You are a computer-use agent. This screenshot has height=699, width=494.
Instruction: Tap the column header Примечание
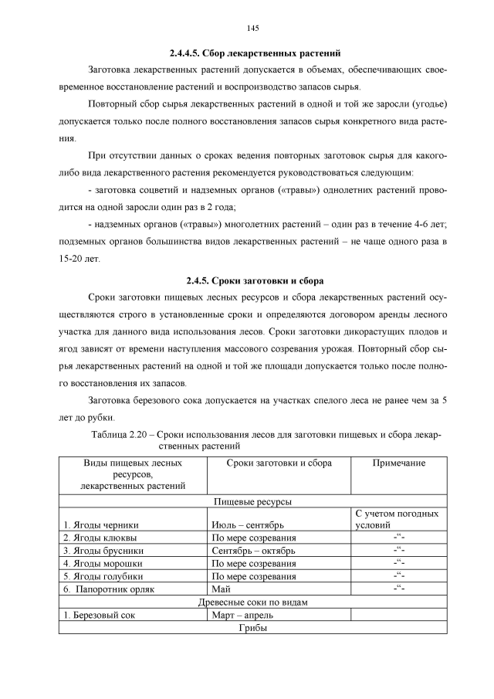[399, 463]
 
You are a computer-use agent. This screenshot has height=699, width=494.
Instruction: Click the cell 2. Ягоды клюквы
[101, 538]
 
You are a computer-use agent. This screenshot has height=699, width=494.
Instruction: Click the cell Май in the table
[221, 589]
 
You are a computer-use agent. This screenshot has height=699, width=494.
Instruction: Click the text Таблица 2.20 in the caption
[124, 436]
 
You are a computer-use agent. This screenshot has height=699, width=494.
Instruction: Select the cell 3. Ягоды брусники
[103, 551]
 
